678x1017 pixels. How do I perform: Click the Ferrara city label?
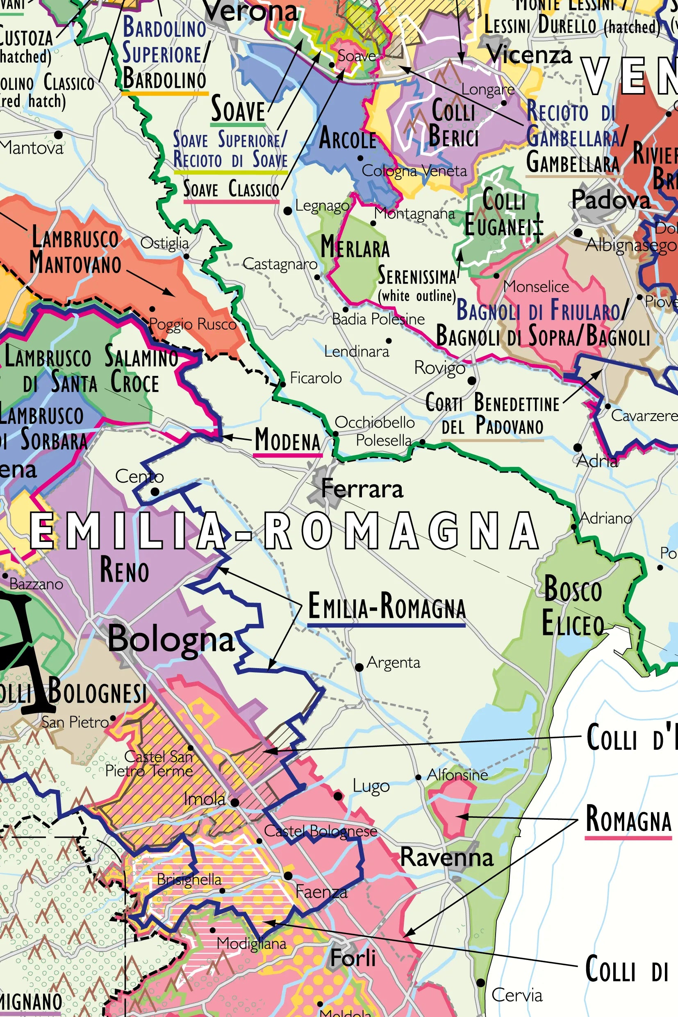click(362, 489)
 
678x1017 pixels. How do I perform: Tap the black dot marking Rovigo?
click(472, 380)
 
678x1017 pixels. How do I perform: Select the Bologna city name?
click(171, 639)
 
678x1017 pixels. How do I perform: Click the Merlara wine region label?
click(355, 247)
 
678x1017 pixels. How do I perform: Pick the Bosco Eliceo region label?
click(573, 606)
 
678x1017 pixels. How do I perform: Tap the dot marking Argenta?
click(359, 667)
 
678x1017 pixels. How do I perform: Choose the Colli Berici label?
click(454, 123)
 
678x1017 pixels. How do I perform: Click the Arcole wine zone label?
click(347, 139)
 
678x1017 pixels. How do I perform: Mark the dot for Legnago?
click(287, 211)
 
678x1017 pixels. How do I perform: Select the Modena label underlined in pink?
click(287, 439)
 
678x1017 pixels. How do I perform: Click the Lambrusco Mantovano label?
click(75, 251)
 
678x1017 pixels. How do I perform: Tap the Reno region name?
click(125, 570)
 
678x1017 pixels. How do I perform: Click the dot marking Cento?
click(155, 491)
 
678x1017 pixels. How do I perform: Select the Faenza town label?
click(321, 892)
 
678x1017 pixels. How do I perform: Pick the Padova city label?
click(610, 200)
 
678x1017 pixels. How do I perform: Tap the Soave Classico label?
click(231, 189)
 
